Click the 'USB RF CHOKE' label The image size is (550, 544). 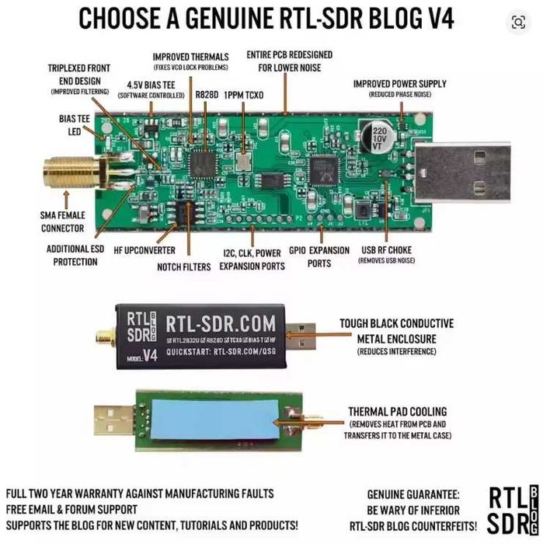coord(385,250)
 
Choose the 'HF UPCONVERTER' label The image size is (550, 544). coord(144,250)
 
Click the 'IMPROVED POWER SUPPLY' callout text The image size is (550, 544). coord(400,83)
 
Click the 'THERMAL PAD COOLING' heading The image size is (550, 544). coord(398,411)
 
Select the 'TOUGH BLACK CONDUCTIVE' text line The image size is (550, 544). coord(395,323)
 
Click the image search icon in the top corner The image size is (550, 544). coord(517,23)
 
